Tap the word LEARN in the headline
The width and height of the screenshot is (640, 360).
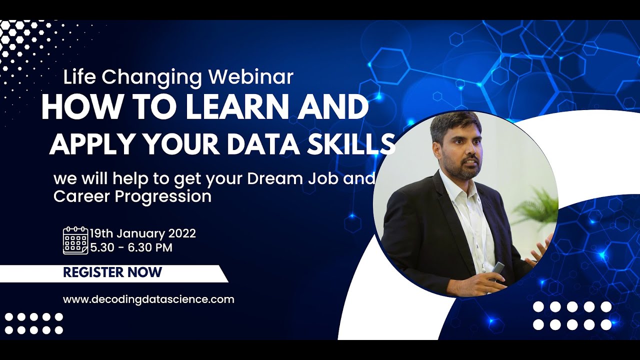(x=240, y=107)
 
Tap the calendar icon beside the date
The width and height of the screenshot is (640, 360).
(x=75, y=240)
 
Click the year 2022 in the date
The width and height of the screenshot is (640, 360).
(x=182, y=233)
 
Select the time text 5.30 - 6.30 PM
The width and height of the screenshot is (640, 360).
(x=131, y=247)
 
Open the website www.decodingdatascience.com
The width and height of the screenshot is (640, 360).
(x=148, y=299)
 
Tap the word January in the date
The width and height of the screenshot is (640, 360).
(x=141, y=233)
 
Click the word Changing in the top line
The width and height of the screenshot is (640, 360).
(x=155, y=77)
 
